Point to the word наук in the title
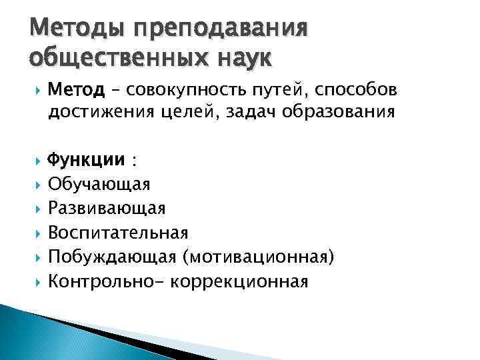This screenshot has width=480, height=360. tap(236, 59)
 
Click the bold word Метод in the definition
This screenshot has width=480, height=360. tap(76, 89)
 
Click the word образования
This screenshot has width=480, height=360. tap(333, 113)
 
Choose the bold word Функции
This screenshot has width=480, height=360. tap(86, 161)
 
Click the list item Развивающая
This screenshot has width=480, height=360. tap(107, 209)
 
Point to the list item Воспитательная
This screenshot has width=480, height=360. tap(118, 233)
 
